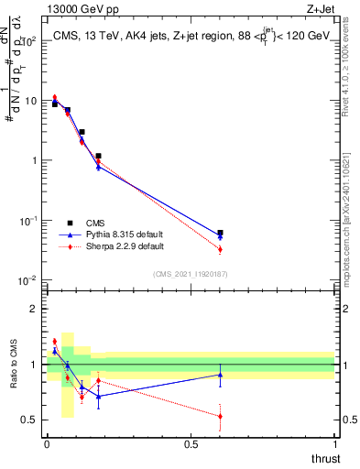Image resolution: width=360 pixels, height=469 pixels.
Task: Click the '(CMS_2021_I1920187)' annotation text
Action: [190, 274]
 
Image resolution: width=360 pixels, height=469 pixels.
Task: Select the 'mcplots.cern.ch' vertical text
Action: [352, 211]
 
